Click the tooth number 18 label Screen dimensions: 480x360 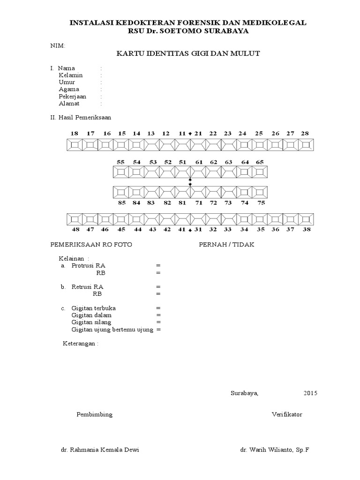75,134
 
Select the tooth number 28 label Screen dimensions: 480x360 305,134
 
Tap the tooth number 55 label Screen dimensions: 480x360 121,162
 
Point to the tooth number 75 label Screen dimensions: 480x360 261,203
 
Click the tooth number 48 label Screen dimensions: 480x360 75,230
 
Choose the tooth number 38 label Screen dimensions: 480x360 307,230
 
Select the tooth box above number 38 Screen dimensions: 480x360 306,219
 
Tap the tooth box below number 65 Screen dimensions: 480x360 260,172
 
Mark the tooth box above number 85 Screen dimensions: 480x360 121,192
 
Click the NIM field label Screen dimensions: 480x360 58,46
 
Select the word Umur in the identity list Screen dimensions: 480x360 67,82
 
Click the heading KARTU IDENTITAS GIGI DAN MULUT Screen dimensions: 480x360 188,54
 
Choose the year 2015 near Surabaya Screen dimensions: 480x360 310,393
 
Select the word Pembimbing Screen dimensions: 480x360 94,415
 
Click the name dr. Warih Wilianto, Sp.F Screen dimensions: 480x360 275,450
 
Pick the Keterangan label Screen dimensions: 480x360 81,344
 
